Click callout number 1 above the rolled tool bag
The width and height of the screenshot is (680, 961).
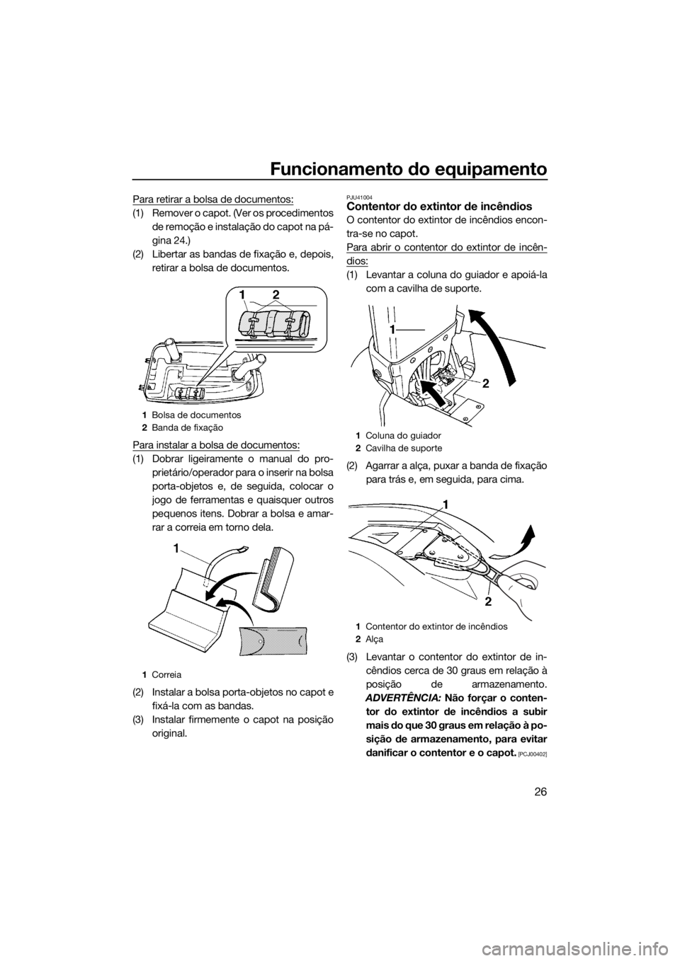242,292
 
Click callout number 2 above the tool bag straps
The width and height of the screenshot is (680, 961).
276,292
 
